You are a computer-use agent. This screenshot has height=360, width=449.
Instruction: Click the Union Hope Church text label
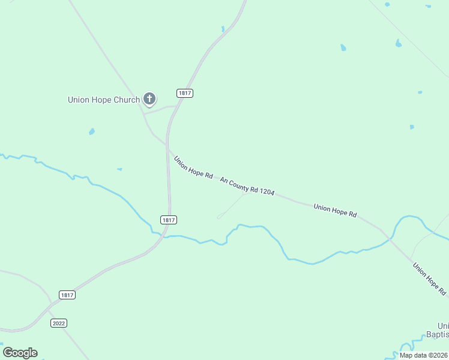[103, 100]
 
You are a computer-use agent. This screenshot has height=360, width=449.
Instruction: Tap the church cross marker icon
[149, 99]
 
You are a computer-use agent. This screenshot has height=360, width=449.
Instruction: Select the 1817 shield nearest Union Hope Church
[185, 93]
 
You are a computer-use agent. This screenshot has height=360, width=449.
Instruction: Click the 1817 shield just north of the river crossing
[169, 220]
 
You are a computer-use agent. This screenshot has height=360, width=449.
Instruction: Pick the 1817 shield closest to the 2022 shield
[67, 295]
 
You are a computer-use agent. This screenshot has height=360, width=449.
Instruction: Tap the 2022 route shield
[58, 323]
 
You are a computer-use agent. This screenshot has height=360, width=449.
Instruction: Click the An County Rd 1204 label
[247, 186]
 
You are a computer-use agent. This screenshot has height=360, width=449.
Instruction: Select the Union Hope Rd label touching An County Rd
[193, 167]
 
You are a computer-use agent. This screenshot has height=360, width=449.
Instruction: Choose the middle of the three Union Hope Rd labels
[335, 211]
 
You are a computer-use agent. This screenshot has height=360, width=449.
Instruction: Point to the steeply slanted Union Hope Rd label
[429, 278]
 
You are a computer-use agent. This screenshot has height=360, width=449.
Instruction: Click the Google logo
[20, 353]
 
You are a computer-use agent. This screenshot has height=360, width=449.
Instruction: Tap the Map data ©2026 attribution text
[423, 355]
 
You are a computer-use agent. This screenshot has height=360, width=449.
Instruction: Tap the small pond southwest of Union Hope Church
[91, 131]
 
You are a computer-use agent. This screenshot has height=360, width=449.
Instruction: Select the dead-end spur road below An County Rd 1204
[231, 205]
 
